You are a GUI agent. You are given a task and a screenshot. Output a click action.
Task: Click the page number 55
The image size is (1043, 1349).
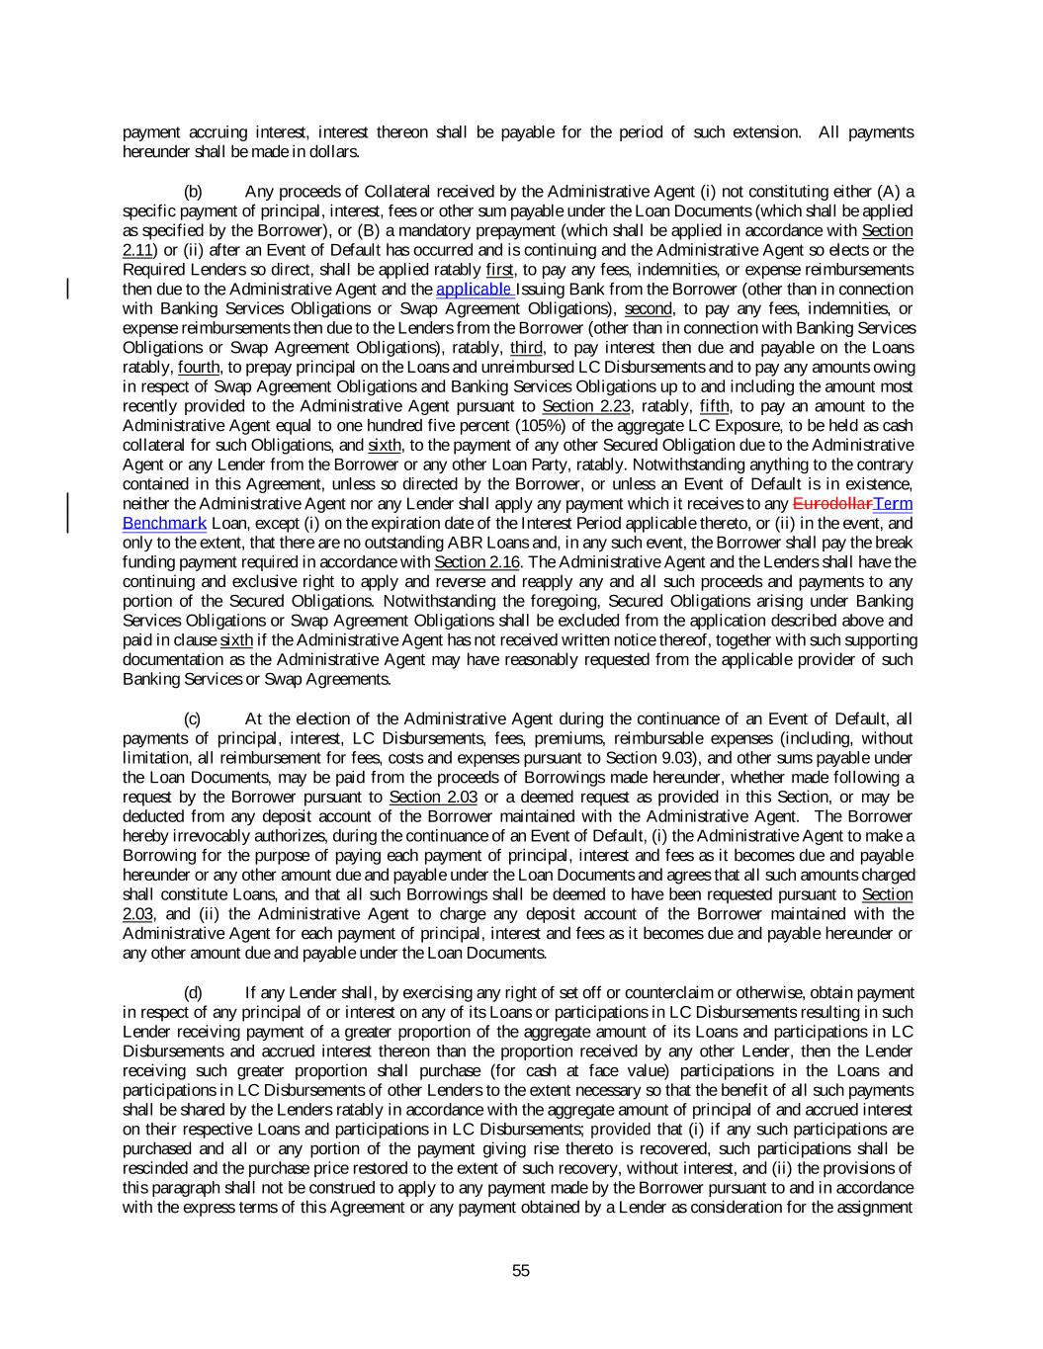pyautogui.click(x=521, y=1271)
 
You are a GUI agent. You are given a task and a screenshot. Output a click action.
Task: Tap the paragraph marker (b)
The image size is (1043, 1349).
pyautogui.click(x=194, y=191)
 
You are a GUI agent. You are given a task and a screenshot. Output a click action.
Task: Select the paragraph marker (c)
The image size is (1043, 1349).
pyautogui.click(x=194, y=718)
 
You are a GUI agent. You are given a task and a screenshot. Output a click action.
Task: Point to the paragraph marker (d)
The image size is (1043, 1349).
pyautogui.click(x=194, y=992)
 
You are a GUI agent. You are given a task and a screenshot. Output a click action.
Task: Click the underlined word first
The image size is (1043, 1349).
pyautogui.click(x=500, y=270)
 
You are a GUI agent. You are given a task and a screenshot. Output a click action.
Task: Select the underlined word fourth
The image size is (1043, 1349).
pyautogui.click(x=198, y=367)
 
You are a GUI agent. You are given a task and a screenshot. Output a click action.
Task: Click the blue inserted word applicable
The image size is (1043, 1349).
pyautogui.click(x=474, y=290)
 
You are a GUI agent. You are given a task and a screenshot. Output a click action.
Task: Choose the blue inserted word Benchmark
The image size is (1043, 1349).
pyautogui.click(x=164, y=523)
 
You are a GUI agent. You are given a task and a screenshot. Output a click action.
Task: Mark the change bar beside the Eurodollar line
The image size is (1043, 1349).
pyautogui.click(x=67, y=513)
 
